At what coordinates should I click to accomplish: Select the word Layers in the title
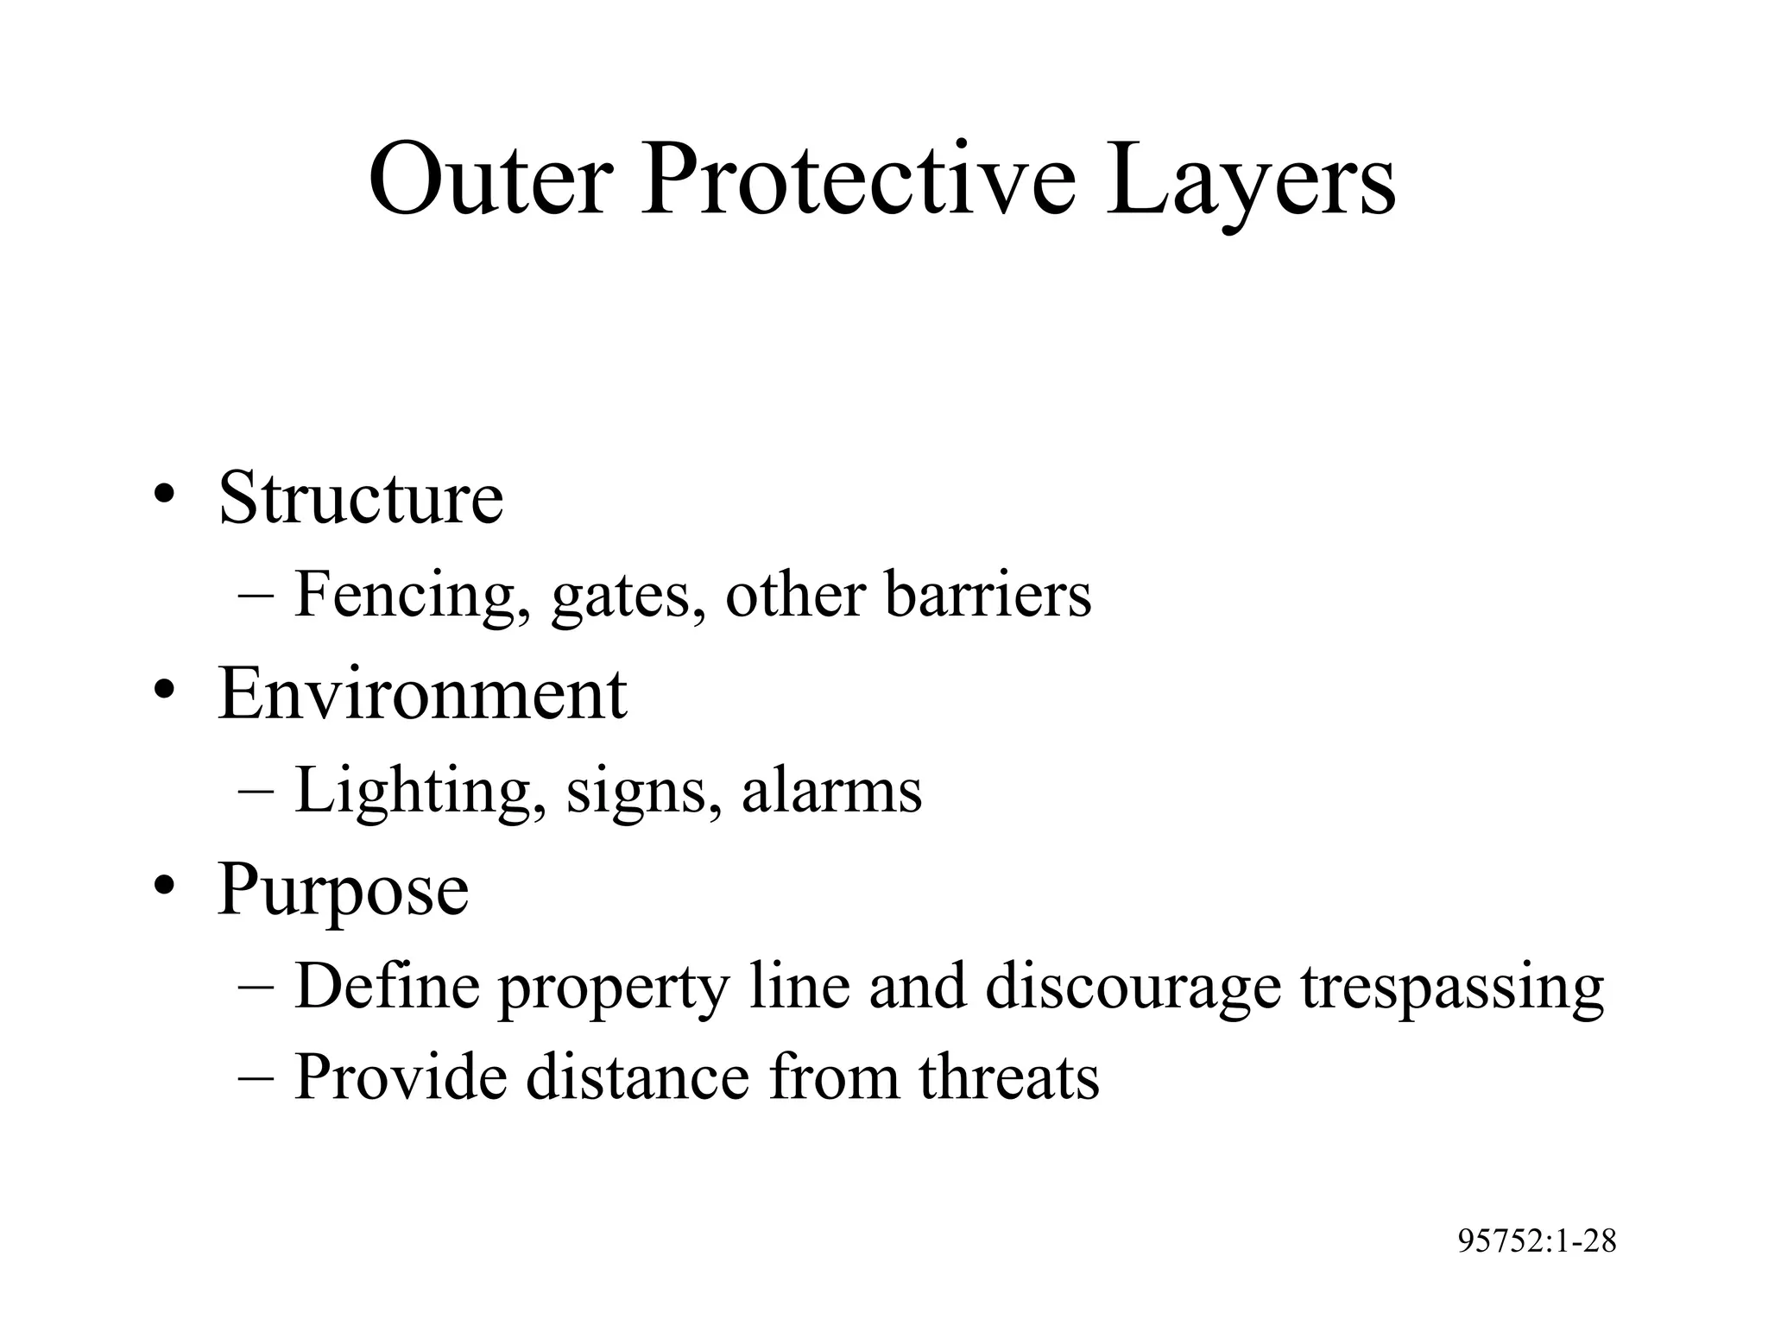click(1251, 185)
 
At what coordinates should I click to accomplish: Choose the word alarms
click(831, 791)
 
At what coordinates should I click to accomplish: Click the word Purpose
click(344, 891)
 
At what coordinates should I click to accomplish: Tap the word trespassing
click(1452, 988)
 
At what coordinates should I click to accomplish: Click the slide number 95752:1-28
click(1537, 1241)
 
